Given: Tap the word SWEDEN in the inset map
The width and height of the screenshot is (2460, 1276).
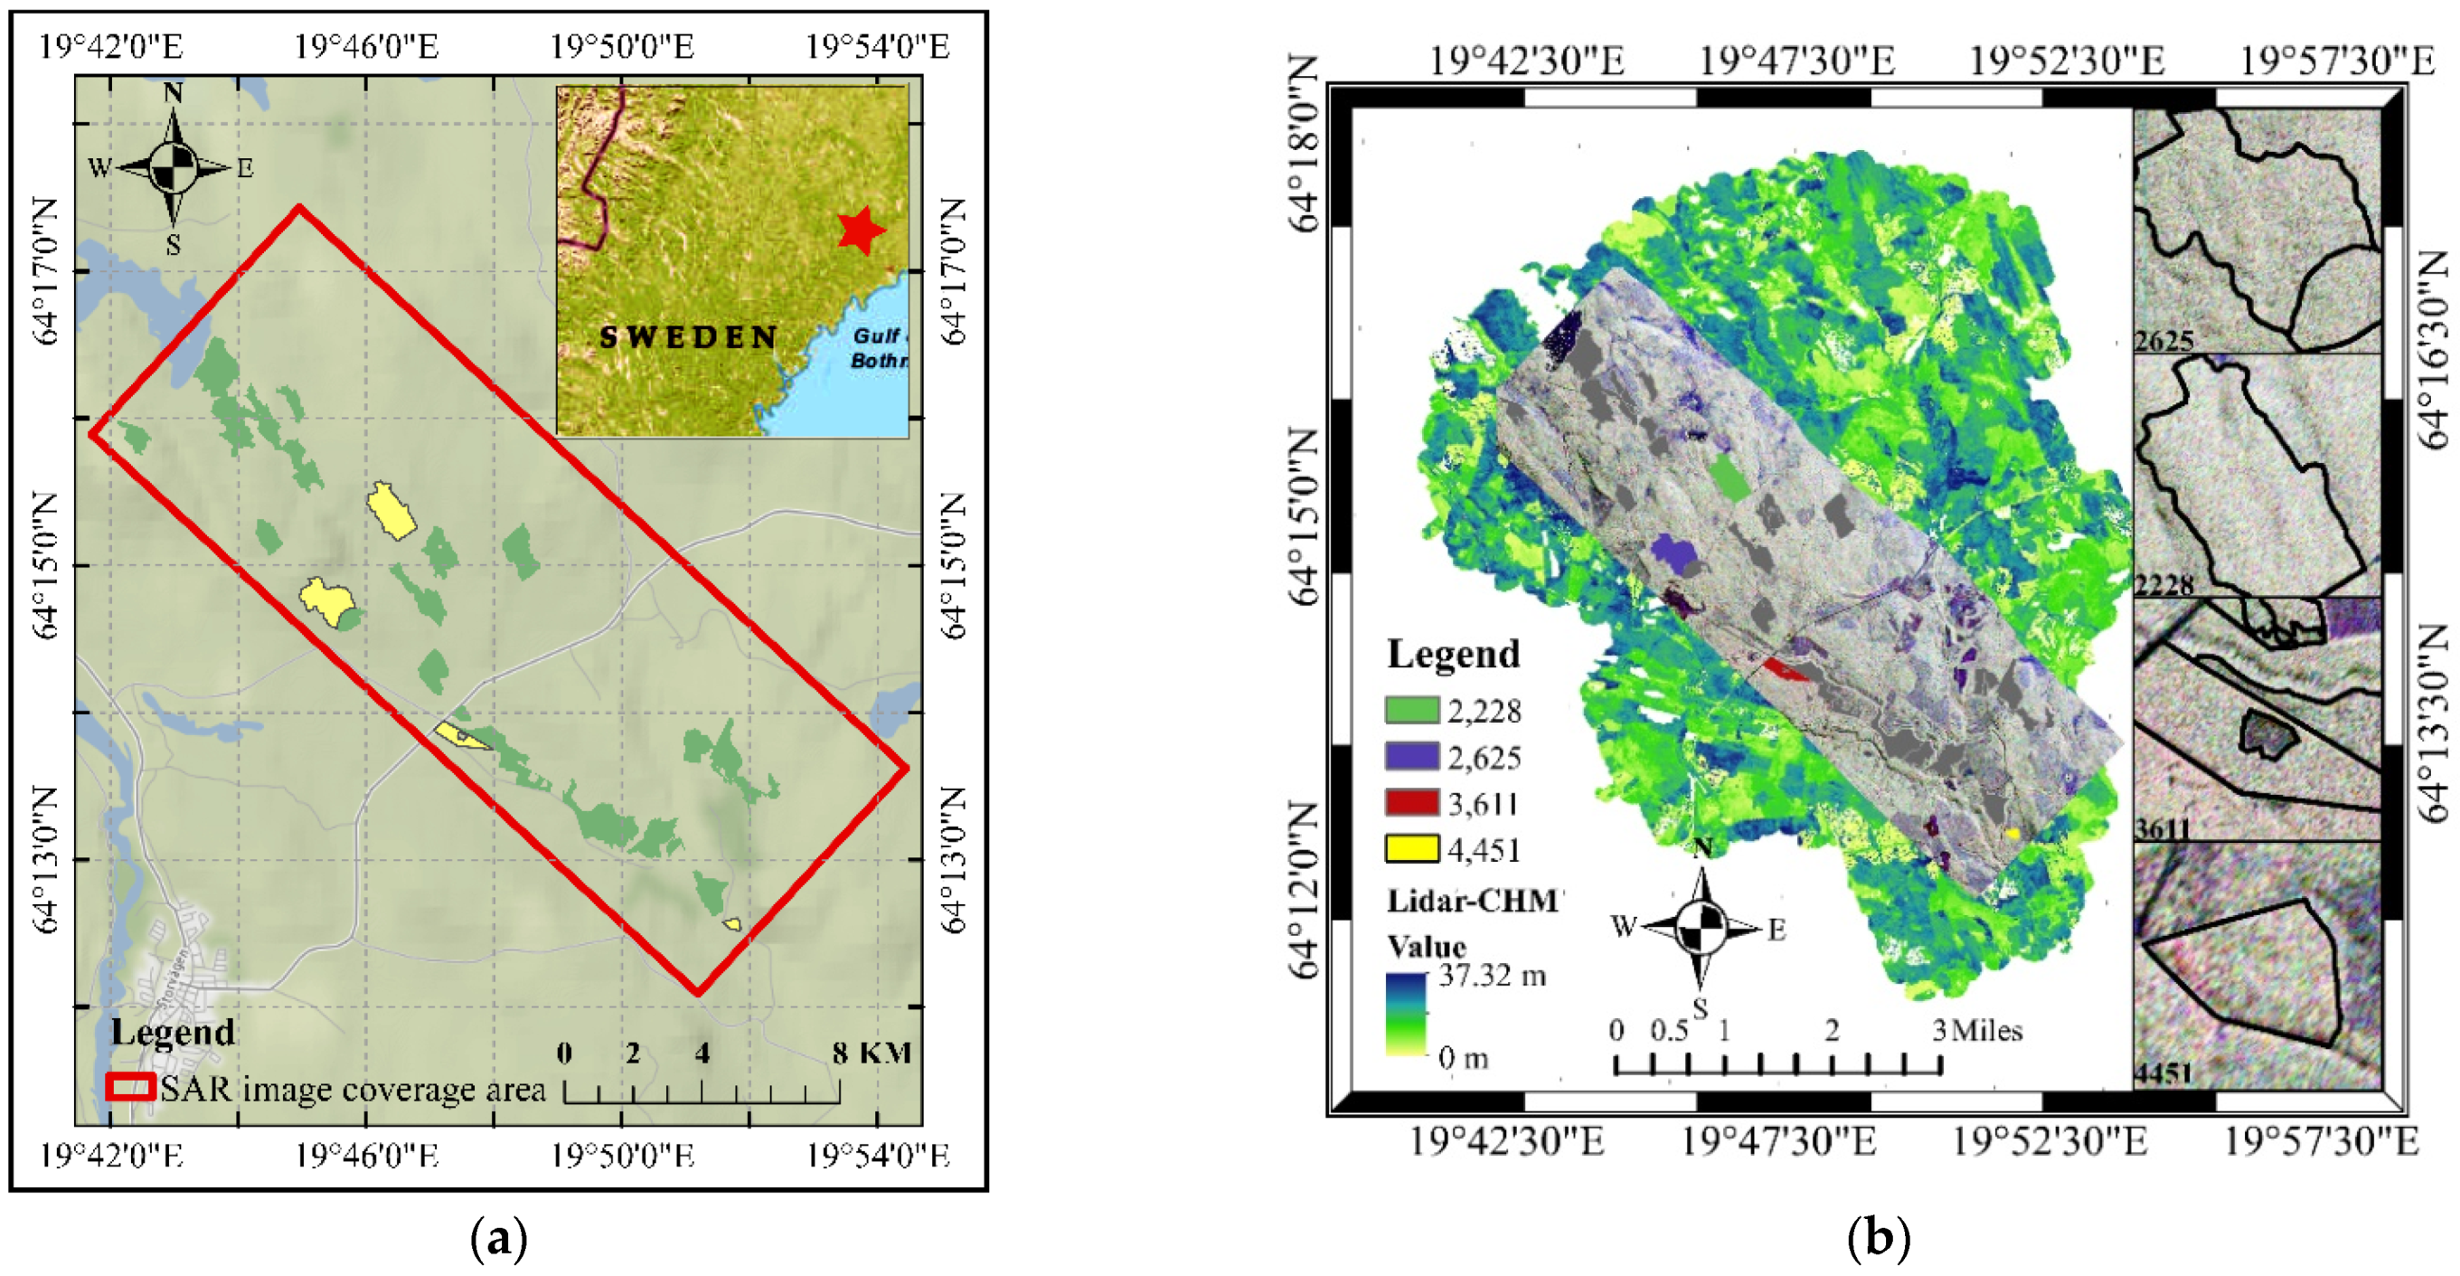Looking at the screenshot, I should point(688,337).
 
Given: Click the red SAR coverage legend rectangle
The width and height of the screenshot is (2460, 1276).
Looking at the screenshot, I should point(130,1087).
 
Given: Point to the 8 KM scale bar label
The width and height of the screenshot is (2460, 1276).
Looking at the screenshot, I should point(871,1053).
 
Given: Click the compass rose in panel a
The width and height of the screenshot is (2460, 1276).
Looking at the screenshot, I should point(173,168).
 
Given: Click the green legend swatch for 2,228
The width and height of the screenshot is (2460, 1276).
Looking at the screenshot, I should point(1411,710).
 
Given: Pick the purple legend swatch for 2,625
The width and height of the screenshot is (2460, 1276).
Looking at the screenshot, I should point(1411,756).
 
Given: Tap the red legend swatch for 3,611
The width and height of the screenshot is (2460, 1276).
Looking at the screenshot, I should point(1411,802).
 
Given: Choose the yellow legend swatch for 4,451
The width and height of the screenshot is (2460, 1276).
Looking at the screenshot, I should point(1411,848).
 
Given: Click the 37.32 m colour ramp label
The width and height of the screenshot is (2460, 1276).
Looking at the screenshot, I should point(1492,975).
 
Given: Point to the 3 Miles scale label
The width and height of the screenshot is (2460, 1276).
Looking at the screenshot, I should point(1978,1031).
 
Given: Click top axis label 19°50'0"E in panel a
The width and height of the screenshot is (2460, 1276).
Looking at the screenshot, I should point(623,46).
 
